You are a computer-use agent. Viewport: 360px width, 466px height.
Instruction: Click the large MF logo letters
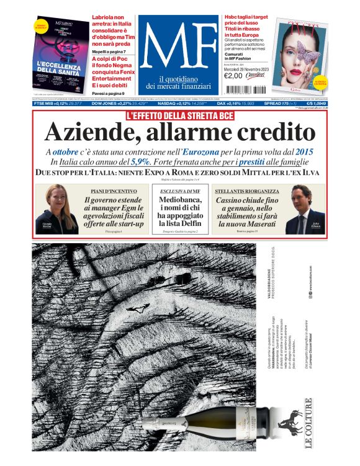click(178, 49)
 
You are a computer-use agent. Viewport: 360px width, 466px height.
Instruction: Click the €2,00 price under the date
click(232, 76)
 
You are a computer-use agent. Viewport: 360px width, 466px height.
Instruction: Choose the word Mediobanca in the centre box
click(180, 200)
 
